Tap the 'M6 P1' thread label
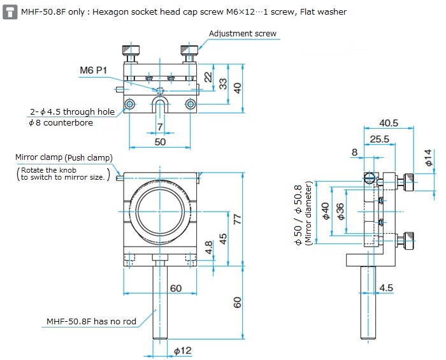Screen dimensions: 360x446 coord(94,69)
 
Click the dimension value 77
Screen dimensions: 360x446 coord(237,218)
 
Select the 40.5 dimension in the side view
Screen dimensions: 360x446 coord(389,123)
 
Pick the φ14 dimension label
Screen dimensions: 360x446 coord(428,157)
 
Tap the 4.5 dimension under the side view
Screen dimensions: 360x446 coord(385,287)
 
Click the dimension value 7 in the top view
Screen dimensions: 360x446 coord(159,127)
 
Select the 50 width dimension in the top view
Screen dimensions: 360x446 coord(159,141)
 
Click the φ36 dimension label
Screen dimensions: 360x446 coord(340,211)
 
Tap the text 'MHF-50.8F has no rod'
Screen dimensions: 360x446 coord(91,321)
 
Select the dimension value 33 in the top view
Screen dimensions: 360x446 coord(223,83)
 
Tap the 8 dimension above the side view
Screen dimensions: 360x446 coord(354,152)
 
